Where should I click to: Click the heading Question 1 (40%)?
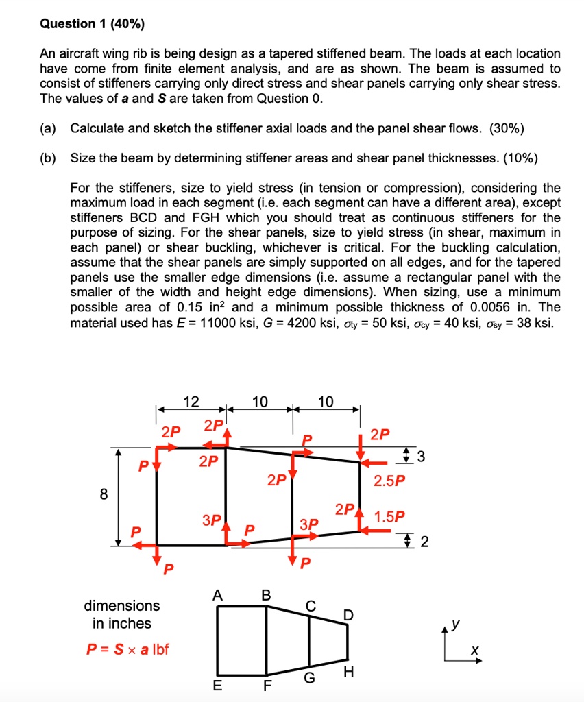click(92, 24)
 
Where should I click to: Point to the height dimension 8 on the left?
click(104, 495)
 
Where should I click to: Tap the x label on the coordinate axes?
click(473, 649)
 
